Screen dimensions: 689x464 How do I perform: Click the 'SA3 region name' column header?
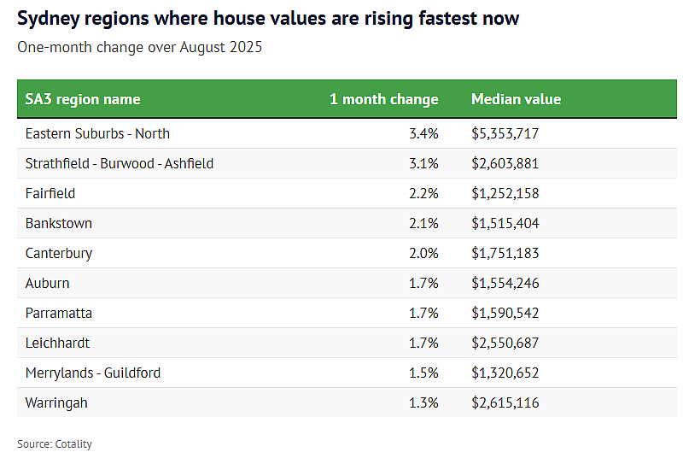[83, 99]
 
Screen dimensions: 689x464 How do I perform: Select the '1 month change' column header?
[383, 99]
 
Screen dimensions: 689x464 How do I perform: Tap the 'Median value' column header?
[516, 99]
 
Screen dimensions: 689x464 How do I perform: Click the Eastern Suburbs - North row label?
[97, 133]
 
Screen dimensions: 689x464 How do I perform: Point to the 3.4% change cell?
[423, 133]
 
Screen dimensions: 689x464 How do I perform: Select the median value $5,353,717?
[505, 133]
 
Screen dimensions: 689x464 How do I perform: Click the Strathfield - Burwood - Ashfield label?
[120, 163]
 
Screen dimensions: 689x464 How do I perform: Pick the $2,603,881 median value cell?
[505, 163]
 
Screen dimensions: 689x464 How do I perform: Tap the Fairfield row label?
[50, 193]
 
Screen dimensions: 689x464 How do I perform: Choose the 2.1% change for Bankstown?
[423, 223]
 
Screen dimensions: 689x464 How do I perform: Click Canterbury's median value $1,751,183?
[505, 253]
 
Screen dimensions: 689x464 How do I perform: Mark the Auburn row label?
[48, 283]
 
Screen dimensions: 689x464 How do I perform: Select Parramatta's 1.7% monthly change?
[423, 313]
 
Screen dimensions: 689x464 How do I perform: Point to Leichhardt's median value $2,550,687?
[505, 343]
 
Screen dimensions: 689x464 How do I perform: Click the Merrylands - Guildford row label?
[93, 373]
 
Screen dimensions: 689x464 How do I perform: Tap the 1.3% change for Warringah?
[423, 402]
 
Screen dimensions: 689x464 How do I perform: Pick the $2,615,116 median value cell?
[505, 402]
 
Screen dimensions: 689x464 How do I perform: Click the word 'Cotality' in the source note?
[73, 444]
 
